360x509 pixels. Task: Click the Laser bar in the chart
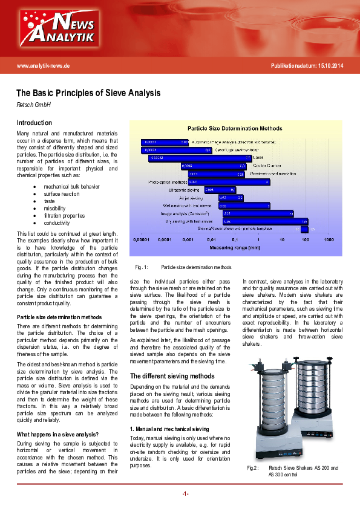point(200,158)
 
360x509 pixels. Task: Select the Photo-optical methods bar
point(227,181)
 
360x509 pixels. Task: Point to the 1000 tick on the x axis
point(329,240)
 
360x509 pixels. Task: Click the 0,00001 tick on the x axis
point(141,240)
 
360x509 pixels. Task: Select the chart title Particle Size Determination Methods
point(235,129)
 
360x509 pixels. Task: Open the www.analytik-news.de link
point(44,65)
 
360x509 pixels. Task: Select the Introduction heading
point(34,123)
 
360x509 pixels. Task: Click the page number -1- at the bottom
point(185,493)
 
